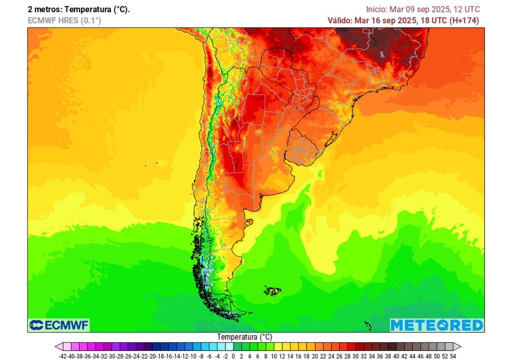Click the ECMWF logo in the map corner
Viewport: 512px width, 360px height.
pos(59,325)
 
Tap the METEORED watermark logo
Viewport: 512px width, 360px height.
pos(436,325)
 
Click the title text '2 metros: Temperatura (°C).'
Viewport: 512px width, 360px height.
pos(78,9)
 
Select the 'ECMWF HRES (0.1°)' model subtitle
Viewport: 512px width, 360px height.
pos(64,20)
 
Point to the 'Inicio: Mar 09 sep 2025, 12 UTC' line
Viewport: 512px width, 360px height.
pos(422,9)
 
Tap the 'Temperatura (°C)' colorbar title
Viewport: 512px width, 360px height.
pos(244,337)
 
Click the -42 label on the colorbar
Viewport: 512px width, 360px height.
pos(62,356)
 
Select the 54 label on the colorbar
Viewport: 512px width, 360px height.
pos(453,356)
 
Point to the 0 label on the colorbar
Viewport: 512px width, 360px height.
pos(233,356)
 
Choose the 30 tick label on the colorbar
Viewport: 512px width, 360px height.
pos(355,356)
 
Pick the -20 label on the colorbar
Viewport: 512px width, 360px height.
pos(152,356)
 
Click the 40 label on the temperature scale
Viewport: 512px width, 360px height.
pos(396,356)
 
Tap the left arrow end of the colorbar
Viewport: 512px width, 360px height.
pos(58,346)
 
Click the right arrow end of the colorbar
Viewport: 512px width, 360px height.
pos(457,346)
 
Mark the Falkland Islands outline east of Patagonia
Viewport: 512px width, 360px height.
pos(272,290)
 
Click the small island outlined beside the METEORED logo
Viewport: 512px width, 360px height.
pos(368,326)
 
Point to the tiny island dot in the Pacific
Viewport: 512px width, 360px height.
pos(156,162)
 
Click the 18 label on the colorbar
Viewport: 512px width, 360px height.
pos(306,356)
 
